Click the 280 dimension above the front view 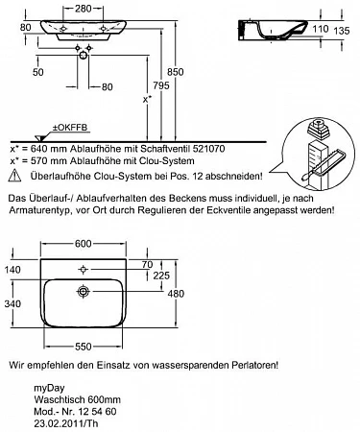84,9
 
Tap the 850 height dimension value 176,72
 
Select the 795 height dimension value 161,85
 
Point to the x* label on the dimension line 147,100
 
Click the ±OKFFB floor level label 70,128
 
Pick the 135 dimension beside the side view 342,31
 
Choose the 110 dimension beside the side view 321,29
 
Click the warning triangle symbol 15,176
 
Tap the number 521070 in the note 208,149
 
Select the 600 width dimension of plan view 84,244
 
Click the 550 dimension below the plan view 83,347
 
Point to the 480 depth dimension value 176,294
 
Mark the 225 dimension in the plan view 161,276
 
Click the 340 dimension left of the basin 12,303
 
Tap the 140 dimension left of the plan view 12,270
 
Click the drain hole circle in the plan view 84,292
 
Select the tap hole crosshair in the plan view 84,270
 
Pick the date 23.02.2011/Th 66,423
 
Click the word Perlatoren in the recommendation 254,365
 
